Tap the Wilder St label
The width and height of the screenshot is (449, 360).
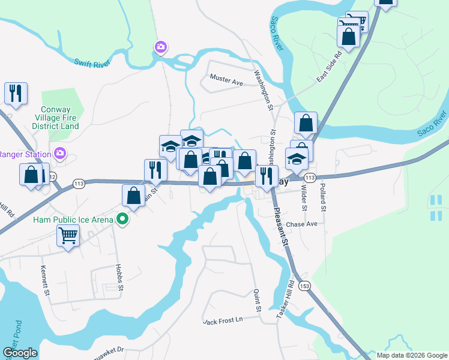pos(304,199)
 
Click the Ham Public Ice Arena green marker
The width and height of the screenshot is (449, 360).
pos(122,220)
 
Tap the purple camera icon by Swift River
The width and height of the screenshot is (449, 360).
pos(160,47)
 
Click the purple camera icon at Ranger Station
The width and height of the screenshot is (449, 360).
pos(59,152)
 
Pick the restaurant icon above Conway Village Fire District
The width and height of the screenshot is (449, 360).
pos(15,93)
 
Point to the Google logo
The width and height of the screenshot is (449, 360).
pos(20,353)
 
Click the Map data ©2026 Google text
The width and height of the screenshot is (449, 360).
pos(411,355)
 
